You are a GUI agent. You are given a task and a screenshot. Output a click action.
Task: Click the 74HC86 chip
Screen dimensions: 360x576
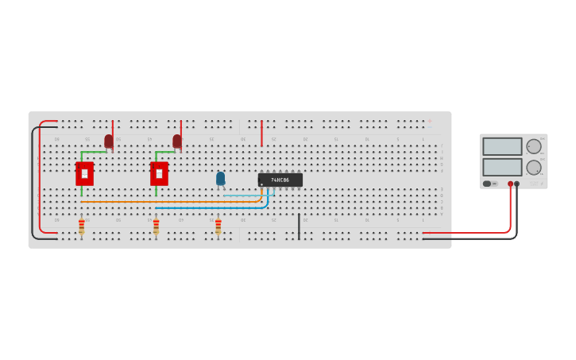click(280, 180)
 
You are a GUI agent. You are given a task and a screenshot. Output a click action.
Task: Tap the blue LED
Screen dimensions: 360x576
click(220, 179)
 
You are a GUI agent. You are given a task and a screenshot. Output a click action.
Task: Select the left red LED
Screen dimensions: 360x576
click(109, 141)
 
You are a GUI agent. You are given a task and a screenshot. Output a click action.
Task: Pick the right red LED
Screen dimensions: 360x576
click(177, 141)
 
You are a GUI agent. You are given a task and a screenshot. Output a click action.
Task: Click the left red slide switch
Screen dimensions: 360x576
click(84, 173)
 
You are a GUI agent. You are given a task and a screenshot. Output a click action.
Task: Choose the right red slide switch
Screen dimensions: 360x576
click(159, 173)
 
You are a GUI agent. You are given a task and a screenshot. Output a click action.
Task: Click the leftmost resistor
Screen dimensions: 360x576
click(81, 226)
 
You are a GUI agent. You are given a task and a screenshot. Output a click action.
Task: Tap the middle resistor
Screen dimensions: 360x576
click(156, 226)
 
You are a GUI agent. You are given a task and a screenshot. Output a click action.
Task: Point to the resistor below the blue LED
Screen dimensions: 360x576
click(218, 226)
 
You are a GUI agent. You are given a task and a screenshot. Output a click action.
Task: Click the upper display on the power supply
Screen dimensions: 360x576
click(502, 146)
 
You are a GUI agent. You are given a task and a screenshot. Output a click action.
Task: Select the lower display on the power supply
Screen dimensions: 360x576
click(502, 167)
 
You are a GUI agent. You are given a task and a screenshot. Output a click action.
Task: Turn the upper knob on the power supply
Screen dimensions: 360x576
click(534, 146)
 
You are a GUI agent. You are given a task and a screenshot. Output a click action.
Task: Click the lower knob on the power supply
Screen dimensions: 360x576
click(534, 167)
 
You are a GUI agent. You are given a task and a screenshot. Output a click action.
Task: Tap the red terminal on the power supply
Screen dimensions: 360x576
click(510, 184)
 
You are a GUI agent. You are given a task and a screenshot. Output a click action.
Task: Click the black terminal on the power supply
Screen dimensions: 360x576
click(516, 184)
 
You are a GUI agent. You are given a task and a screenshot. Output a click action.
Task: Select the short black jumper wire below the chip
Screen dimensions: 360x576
click(299, 226)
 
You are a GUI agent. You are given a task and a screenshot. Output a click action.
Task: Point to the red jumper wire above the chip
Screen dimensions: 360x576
click(261, 133)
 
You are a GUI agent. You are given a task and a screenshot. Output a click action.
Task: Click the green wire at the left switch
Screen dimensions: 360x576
click(92, 152)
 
